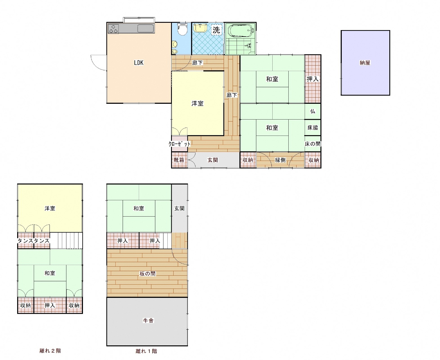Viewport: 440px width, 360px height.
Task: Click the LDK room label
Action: coord(139,62)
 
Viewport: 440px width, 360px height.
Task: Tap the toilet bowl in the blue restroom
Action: coord(182,30)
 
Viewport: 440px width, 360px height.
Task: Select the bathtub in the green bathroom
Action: coord(241,31)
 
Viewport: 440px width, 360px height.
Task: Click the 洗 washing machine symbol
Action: coord(216,30)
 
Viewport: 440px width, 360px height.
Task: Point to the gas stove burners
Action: coord(113,29)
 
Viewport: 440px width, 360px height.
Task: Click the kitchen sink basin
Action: coord(146,29)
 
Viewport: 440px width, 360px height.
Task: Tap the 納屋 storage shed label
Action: coord(365,62)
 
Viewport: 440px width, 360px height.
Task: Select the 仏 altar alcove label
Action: coord(313,111)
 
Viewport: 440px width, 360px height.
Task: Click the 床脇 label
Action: coord(313,127)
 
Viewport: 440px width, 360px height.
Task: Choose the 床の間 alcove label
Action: coord(313,144)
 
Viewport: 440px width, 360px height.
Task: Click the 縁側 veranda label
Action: coord(280,160)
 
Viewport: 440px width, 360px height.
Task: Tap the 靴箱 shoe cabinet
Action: coord(179,160)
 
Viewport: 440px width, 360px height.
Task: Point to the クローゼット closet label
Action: coord(179,144)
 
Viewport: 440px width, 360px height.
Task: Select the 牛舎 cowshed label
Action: coord(148,320)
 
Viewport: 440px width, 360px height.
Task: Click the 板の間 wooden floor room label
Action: coord(147,274)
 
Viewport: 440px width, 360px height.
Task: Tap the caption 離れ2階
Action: coord(50,351)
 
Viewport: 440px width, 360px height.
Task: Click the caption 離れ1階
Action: coord(146,351)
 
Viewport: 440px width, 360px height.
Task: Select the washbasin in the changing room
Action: coord(200,28)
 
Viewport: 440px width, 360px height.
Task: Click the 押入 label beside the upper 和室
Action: coord(313,79)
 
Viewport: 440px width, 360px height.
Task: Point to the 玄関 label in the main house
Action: coord(213,160)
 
